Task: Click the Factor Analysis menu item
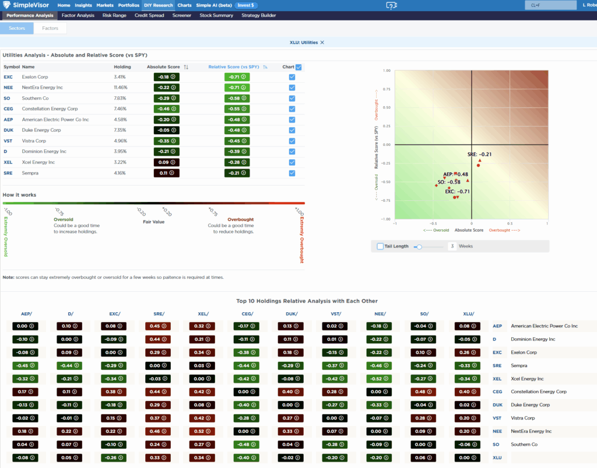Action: (78, 15)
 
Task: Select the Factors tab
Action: (50, 28)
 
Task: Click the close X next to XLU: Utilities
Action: (322, 42)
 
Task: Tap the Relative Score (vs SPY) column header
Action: (234, 67)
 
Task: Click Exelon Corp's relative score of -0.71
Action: (237, 77)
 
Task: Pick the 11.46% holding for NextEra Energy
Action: (121, 86)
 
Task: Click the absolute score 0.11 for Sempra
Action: (166, 173)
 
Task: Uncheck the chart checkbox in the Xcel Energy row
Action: (292, 162)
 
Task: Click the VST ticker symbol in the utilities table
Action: (8, 141)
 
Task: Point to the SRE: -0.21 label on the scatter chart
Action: (479, 155)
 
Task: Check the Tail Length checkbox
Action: (380, 246)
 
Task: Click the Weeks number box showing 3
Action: (452, 246)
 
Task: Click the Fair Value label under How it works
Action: (154, 222)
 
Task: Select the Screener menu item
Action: (181, 15)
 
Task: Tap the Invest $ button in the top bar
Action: (245, 5)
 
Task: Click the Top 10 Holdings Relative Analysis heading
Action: (307, 301)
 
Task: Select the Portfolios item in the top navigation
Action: (129, 5)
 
